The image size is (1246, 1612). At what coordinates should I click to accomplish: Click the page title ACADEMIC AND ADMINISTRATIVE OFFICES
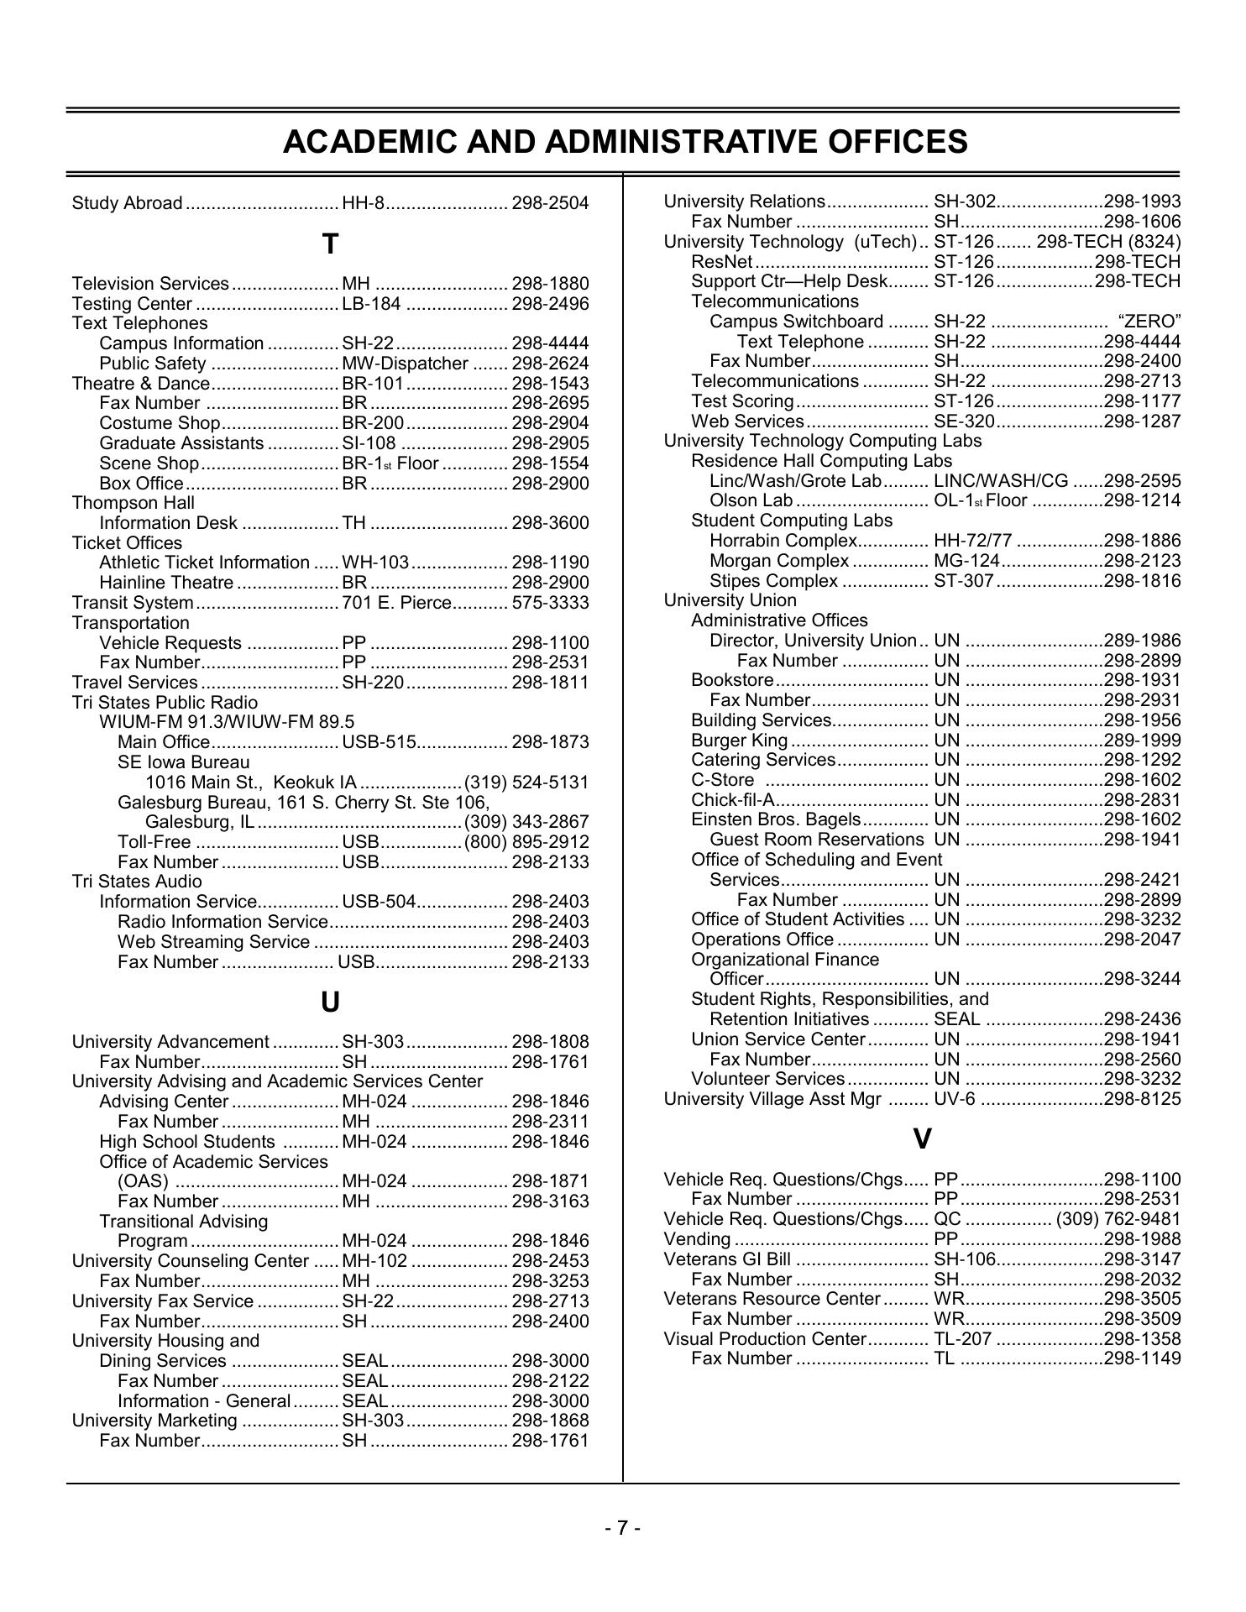[x=625, y=142]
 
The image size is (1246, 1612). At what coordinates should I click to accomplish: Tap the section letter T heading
[x=330, y=244]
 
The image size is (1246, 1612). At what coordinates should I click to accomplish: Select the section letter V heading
[x=922, y=1139]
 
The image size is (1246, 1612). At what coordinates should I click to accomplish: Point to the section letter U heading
[x=330, y=1002]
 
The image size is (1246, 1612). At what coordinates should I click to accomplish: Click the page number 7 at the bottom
[x=623, y=1528]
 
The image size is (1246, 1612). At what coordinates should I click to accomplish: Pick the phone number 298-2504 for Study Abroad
[x=550, y=203]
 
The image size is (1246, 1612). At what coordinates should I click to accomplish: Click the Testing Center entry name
[x=133, y=304]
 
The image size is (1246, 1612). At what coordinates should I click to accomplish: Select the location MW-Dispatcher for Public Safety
[x=405, y=364]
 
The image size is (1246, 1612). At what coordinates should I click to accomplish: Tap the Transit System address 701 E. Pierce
[x=397, y=603]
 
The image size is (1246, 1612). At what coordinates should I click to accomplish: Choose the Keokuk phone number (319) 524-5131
[x=526, y=782]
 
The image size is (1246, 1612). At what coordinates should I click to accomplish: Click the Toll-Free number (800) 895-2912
[x=526, y=842]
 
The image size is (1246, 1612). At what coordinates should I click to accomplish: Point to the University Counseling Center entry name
[x=191, y=1261]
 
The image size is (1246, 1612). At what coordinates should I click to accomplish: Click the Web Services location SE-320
[x=964, y=421]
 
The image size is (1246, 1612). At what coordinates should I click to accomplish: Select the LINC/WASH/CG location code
[x=1001, y=481]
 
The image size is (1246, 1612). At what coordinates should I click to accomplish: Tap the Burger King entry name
[x=740, y=741]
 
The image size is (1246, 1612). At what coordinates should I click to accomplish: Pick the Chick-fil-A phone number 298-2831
[x=1142, y=800]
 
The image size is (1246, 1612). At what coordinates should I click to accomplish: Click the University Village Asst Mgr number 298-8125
[x=1142, y=1099]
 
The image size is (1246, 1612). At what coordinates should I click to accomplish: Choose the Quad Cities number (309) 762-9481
[x=1118, y=1219]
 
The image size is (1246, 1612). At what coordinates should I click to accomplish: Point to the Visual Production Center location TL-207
[x=962, y=1339]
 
